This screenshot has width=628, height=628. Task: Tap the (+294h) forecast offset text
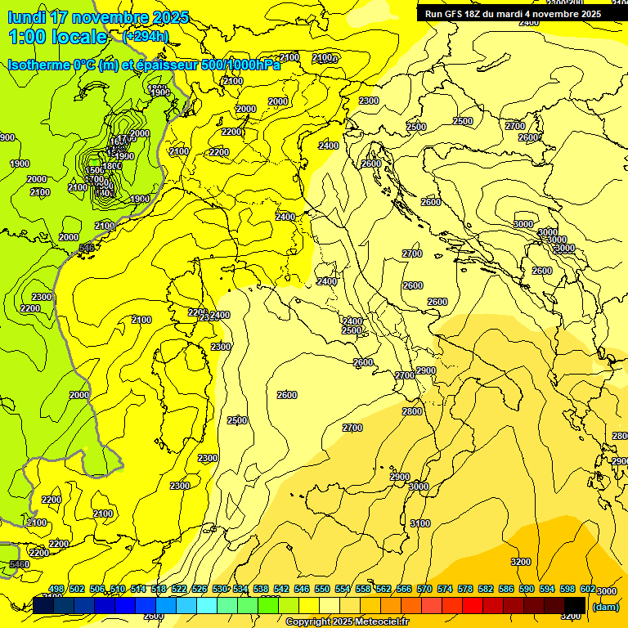tap(146, 36)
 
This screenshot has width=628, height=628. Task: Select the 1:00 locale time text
tap(57, 37)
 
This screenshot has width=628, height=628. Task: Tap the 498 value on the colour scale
tap(56, 589)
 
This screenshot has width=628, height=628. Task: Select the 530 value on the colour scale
tap(220, 589)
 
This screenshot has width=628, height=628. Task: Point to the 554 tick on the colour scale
tap(343, 589)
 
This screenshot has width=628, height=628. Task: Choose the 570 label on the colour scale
tap(424, 589)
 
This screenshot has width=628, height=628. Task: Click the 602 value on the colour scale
tap(588, 589)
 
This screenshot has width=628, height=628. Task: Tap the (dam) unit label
tap(605, 606)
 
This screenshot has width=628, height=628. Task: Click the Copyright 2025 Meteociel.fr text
tap(347, 622)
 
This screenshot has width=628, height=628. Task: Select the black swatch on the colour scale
tap(575, 605)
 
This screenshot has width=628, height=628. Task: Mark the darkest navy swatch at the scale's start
tap(43, 605)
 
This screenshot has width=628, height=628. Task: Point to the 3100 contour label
tap(420, 523)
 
